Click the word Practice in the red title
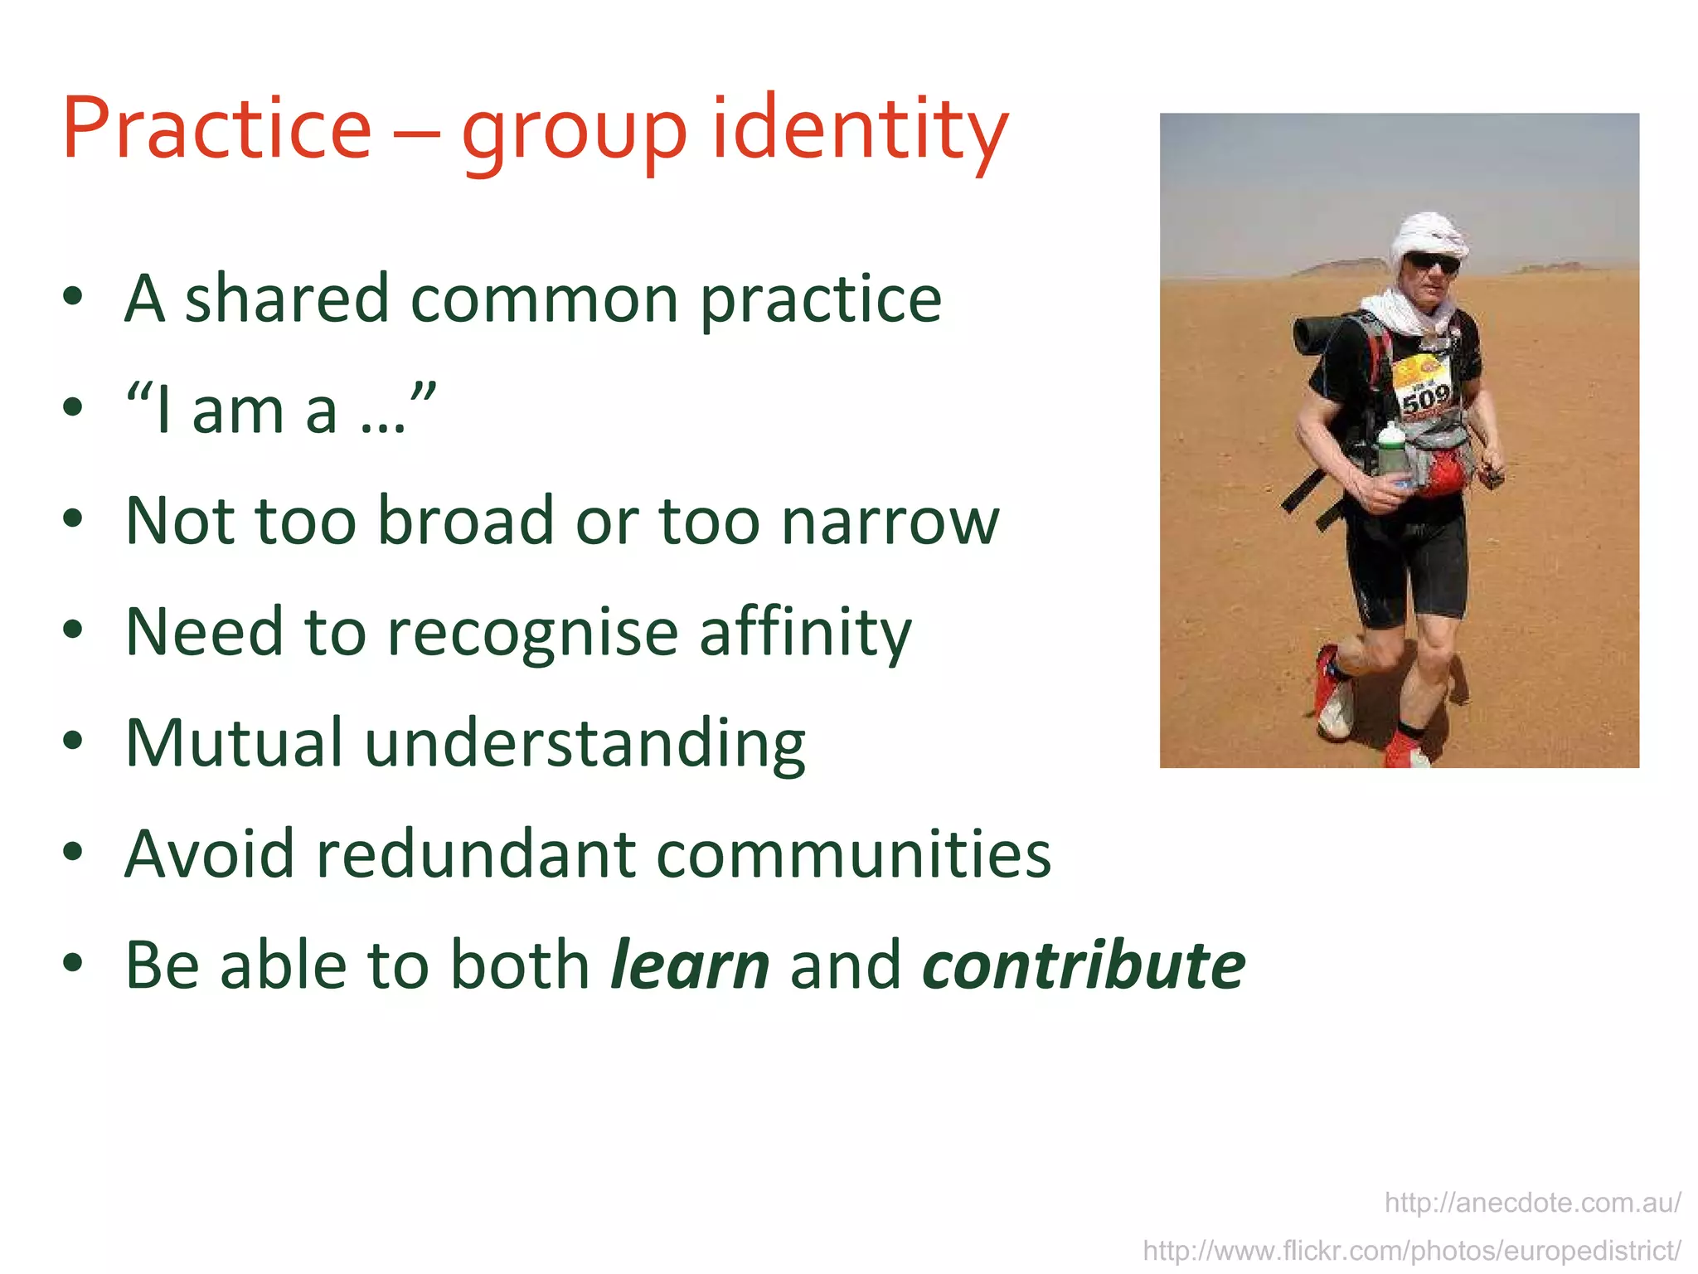pos(217,129)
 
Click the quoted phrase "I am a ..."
pos(280,409)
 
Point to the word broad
pos(465,521)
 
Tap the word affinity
pos(805,632)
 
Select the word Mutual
pos(234,742)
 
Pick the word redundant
pos(476,853)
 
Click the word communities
pos(853,853)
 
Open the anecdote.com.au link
pos(1532,1203)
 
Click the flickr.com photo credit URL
pos(1411,1250)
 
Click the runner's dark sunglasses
pos(1433,264)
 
